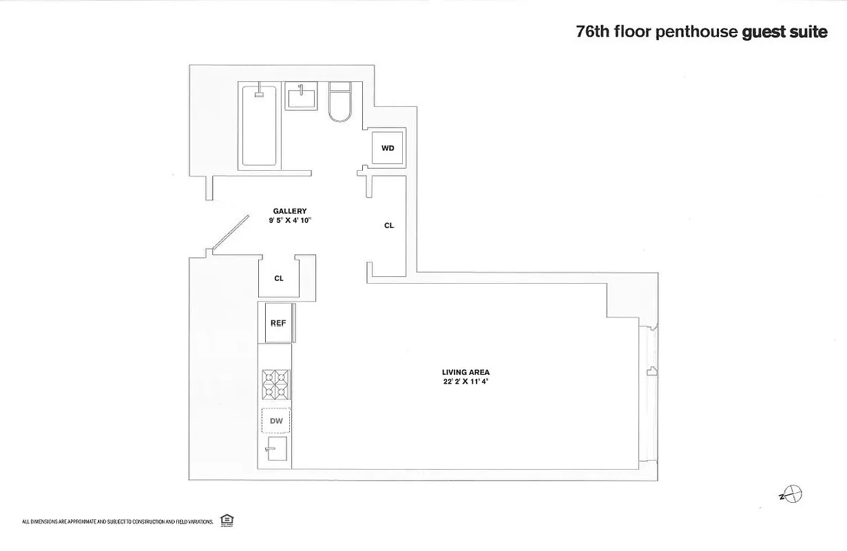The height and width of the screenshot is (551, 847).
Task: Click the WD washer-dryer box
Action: tap(387, 148)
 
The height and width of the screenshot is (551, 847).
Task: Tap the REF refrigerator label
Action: tap(278, 322)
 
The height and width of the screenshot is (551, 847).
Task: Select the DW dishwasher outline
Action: tap(275, 419)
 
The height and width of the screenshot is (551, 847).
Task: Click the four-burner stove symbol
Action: tap(275, 384)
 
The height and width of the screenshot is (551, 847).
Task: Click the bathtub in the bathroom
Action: tap(260, 125)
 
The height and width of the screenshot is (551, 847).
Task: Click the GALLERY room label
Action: tap(289, 211)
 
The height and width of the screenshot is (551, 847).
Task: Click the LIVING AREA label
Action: tap(466, 373)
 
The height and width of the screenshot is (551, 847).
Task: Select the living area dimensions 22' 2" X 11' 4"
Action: tap(466, 382)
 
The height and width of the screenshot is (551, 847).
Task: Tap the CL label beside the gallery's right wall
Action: tap(389, 225)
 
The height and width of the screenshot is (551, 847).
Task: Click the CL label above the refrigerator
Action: tap(279, 279)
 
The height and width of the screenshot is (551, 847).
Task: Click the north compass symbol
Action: tap(795, 494)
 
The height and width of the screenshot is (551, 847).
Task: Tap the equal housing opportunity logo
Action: tap(225, 520)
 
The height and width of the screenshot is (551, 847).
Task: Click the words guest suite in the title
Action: tap(784, 32)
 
